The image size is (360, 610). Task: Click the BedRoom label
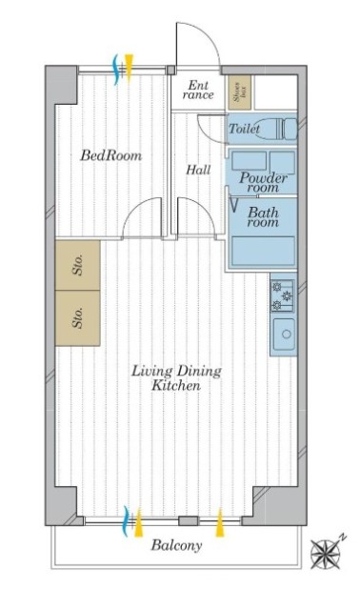111,155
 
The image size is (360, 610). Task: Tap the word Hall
198,170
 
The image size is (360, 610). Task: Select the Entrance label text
198,90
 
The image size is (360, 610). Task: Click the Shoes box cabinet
239,91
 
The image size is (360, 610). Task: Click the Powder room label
263,182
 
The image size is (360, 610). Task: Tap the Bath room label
263,217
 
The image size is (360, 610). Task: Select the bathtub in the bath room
263,251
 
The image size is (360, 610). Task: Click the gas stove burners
283,296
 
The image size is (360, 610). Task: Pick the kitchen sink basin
284,334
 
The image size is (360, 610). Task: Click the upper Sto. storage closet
78,265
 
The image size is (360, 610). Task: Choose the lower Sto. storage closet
78,317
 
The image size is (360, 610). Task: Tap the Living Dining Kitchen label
176,377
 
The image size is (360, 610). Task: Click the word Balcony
176,545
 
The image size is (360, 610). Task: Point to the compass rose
326,554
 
